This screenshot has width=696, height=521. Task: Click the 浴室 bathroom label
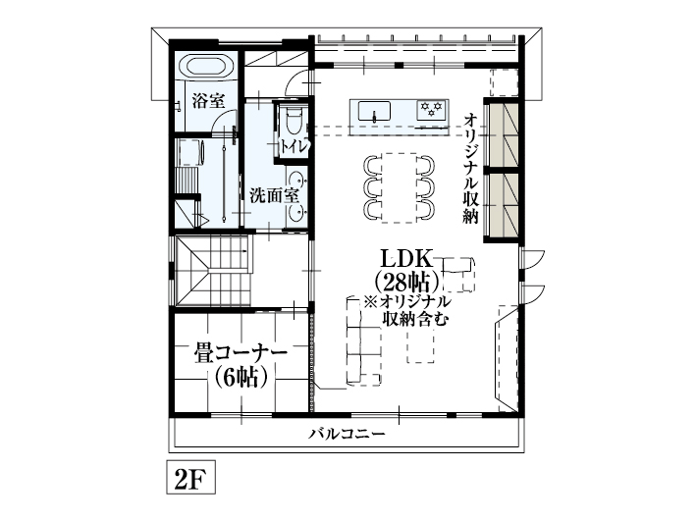tap(209, 100)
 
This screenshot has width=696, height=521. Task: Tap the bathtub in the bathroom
tap(208, 68)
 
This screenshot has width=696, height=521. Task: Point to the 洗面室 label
tap(273, 194)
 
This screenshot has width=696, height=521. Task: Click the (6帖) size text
tap(241, 377)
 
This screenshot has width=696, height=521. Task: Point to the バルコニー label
tap(346, 434)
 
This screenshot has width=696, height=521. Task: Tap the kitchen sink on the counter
tap(374, 112)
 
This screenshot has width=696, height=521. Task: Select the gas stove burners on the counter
tap(431, 110)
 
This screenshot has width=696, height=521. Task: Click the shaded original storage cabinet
tap(504, 167)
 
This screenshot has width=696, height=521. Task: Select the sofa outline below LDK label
tap(362, 339)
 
